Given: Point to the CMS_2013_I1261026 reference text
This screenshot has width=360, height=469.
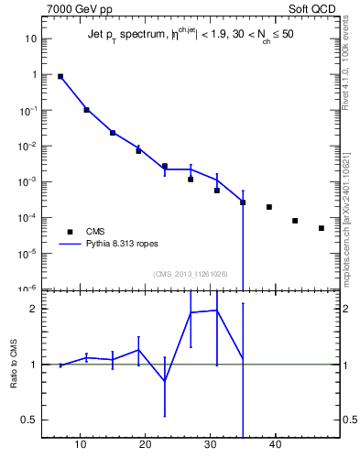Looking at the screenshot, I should pos(190,274).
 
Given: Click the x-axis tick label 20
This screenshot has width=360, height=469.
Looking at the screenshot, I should pos(145,446).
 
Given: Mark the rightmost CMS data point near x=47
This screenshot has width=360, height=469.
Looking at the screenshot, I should pos(322,228).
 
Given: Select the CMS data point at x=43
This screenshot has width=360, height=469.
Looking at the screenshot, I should pos(295,221).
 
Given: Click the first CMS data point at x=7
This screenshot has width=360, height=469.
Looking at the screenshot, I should pos(60,77).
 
